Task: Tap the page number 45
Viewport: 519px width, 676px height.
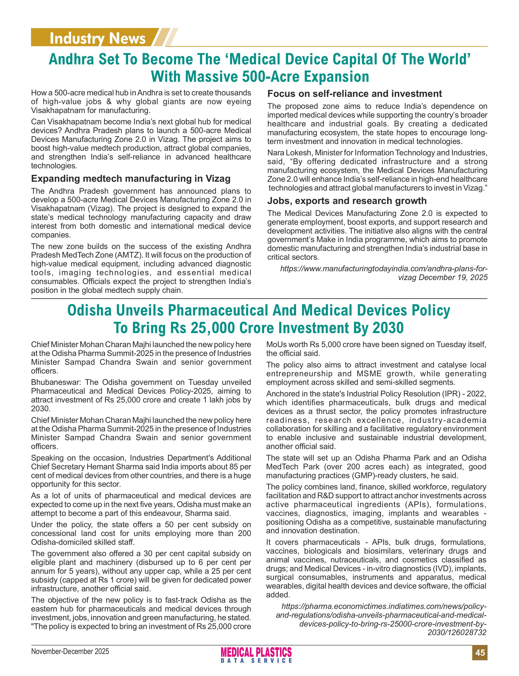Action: tap(480, 653)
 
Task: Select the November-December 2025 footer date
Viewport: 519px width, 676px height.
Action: tap(70, 651)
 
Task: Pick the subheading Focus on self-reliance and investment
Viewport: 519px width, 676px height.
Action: tap(354, 93)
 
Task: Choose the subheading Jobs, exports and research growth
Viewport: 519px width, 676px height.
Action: tap(347, 201)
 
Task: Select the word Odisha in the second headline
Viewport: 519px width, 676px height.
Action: tap(89, 311)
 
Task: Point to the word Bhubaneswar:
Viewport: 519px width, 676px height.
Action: tap(56, 382)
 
